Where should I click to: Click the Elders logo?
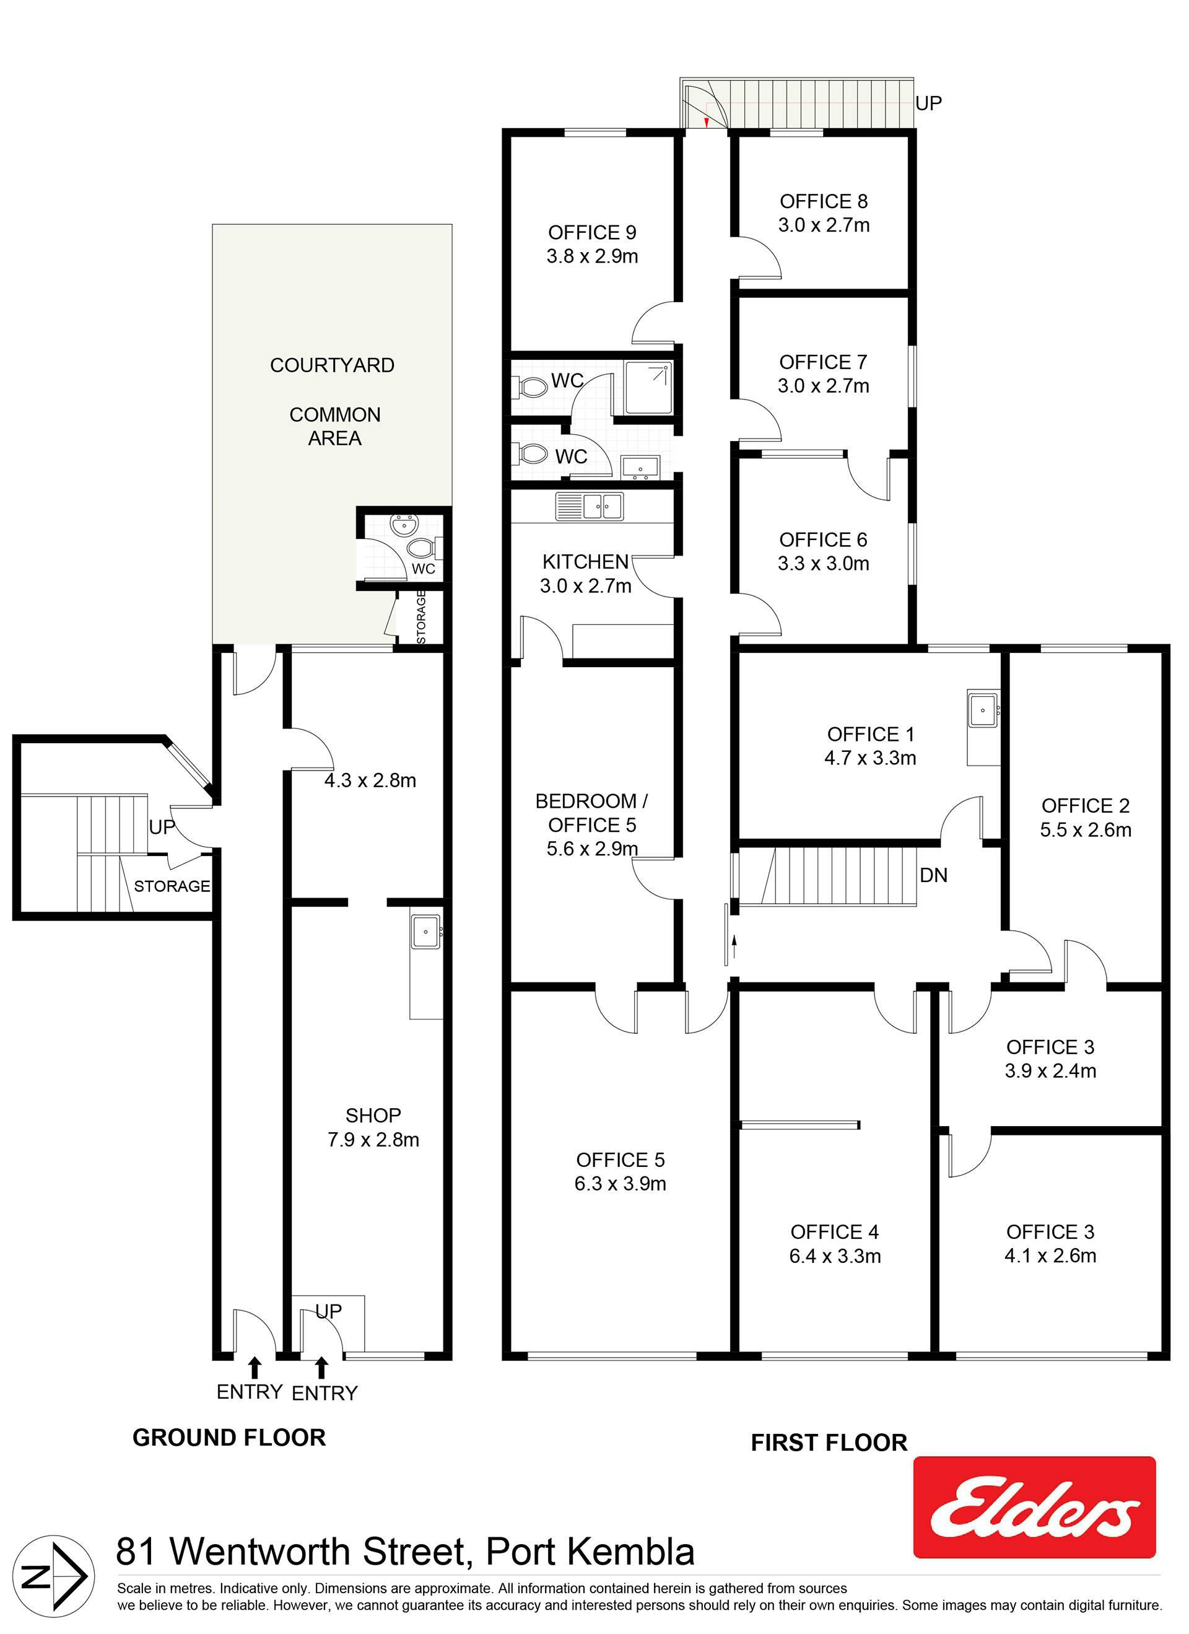point(1034,1507)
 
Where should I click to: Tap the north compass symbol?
point(54,1576)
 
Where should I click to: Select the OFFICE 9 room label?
point(592,233)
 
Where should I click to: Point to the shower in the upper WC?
point(648,388)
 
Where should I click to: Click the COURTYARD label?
point(332,365)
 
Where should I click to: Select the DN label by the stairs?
point(933,875)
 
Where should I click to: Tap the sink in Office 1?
point(983,710)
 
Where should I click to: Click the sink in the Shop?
point(426,931)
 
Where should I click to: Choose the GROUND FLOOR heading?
point(229,1437)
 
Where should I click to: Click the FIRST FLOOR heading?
point(829,1443)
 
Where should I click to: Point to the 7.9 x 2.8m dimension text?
point(373,1140)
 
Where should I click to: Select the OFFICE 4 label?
point(835,1232)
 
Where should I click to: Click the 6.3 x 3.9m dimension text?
point(620,1184)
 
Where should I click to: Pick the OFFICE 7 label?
point(823,362)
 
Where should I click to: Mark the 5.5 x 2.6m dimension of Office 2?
point(1086,830)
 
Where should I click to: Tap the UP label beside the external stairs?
point(928,103)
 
